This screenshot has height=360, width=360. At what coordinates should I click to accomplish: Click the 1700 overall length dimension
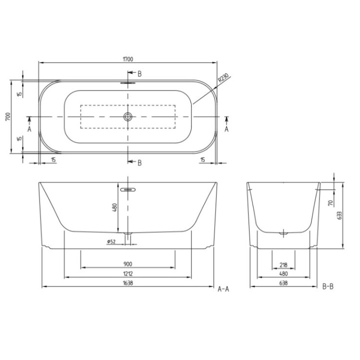(x=128, y=58)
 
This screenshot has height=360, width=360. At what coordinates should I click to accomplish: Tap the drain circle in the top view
(x=128, y=117)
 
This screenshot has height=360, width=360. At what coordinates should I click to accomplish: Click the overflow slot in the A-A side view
(x=128, y=189)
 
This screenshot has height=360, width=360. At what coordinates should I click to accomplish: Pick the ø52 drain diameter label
(x=111, y=242)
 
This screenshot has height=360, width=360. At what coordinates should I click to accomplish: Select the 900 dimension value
(x=127, y=263)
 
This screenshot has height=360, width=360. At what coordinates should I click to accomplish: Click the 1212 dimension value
(x=127, y=274)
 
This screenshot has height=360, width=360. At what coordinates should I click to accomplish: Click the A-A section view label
(x=223, y=288)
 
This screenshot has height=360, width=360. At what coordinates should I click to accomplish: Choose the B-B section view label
(x=328, y=287)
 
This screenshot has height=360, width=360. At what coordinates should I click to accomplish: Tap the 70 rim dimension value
(x=330, y=203)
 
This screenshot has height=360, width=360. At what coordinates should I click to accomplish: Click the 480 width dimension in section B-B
(x=283, y=274)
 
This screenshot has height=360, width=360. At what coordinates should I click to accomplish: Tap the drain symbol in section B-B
(x=283, y=232)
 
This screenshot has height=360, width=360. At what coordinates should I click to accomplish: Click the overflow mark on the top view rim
(x=128, y=83)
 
